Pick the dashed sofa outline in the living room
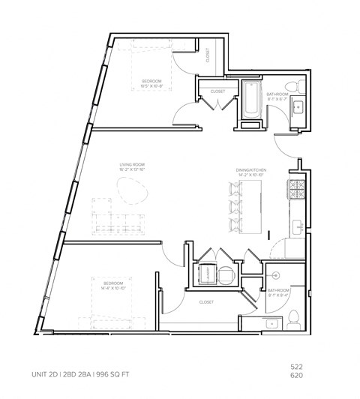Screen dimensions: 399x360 118,222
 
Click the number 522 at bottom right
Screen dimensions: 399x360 297,365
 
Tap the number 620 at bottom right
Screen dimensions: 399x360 297,375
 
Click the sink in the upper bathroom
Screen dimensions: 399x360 297,108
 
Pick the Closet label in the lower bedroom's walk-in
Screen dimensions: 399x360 207,302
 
